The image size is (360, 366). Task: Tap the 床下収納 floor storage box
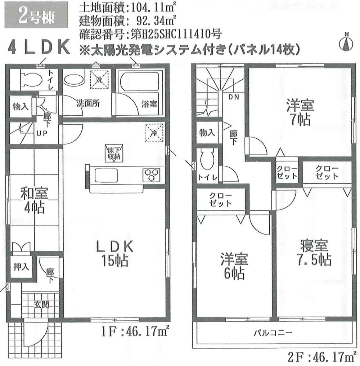click(114, 152)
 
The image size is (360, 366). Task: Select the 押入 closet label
click(21, 267)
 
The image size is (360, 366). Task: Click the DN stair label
click(234, 97)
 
